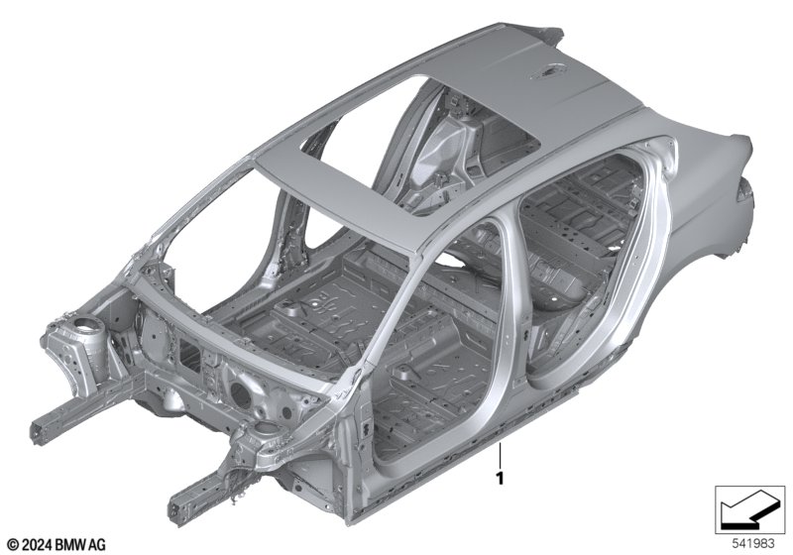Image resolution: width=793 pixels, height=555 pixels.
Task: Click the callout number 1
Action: click(x=500, y=478)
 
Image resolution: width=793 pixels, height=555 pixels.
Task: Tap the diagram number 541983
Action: click(x=753, y=544)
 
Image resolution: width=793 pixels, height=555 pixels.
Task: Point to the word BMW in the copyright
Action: click(x=69, y=544)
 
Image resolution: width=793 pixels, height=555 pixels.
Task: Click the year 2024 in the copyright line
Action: click(x=37, y=544)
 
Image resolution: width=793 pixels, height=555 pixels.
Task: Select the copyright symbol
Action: click(x=13, y=545)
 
